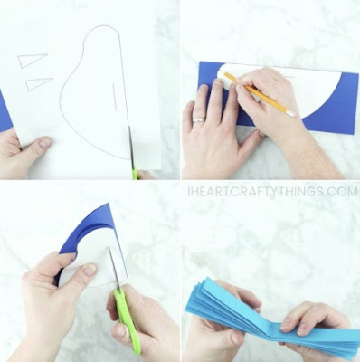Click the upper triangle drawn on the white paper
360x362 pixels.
pos(29,61)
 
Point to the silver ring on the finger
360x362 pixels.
pos(199,120)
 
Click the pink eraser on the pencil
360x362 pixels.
pos(290,113)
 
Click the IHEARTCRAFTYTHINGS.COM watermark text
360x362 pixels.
pos(273,192)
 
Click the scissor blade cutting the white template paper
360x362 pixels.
pos(131,148)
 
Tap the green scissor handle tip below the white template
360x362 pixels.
pos(135,175)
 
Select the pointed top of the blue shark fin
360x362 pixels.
pos(109,204)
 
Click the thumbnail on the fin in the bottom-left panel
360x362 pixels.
pos(90,270)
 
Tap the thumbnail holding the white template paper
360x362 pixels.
pos(45,142)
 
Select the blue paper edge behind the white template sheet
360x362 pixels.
pos(5,111)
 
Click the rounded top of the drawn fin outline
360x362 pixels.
pos(101,25)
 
